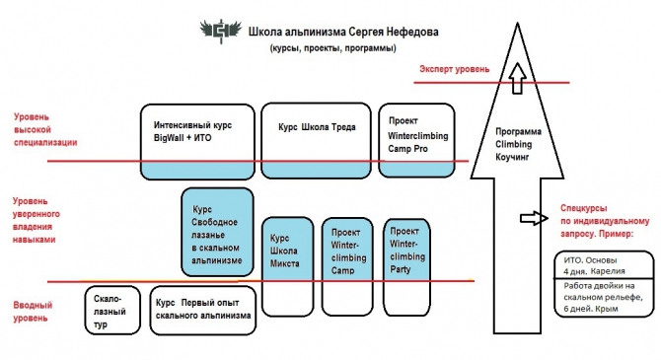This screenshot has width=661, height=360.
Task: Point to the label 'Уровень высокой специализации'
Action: click(45, 127)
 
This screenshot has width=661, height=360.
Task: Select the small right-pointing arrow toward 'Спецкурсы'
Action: click(531, 216)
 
